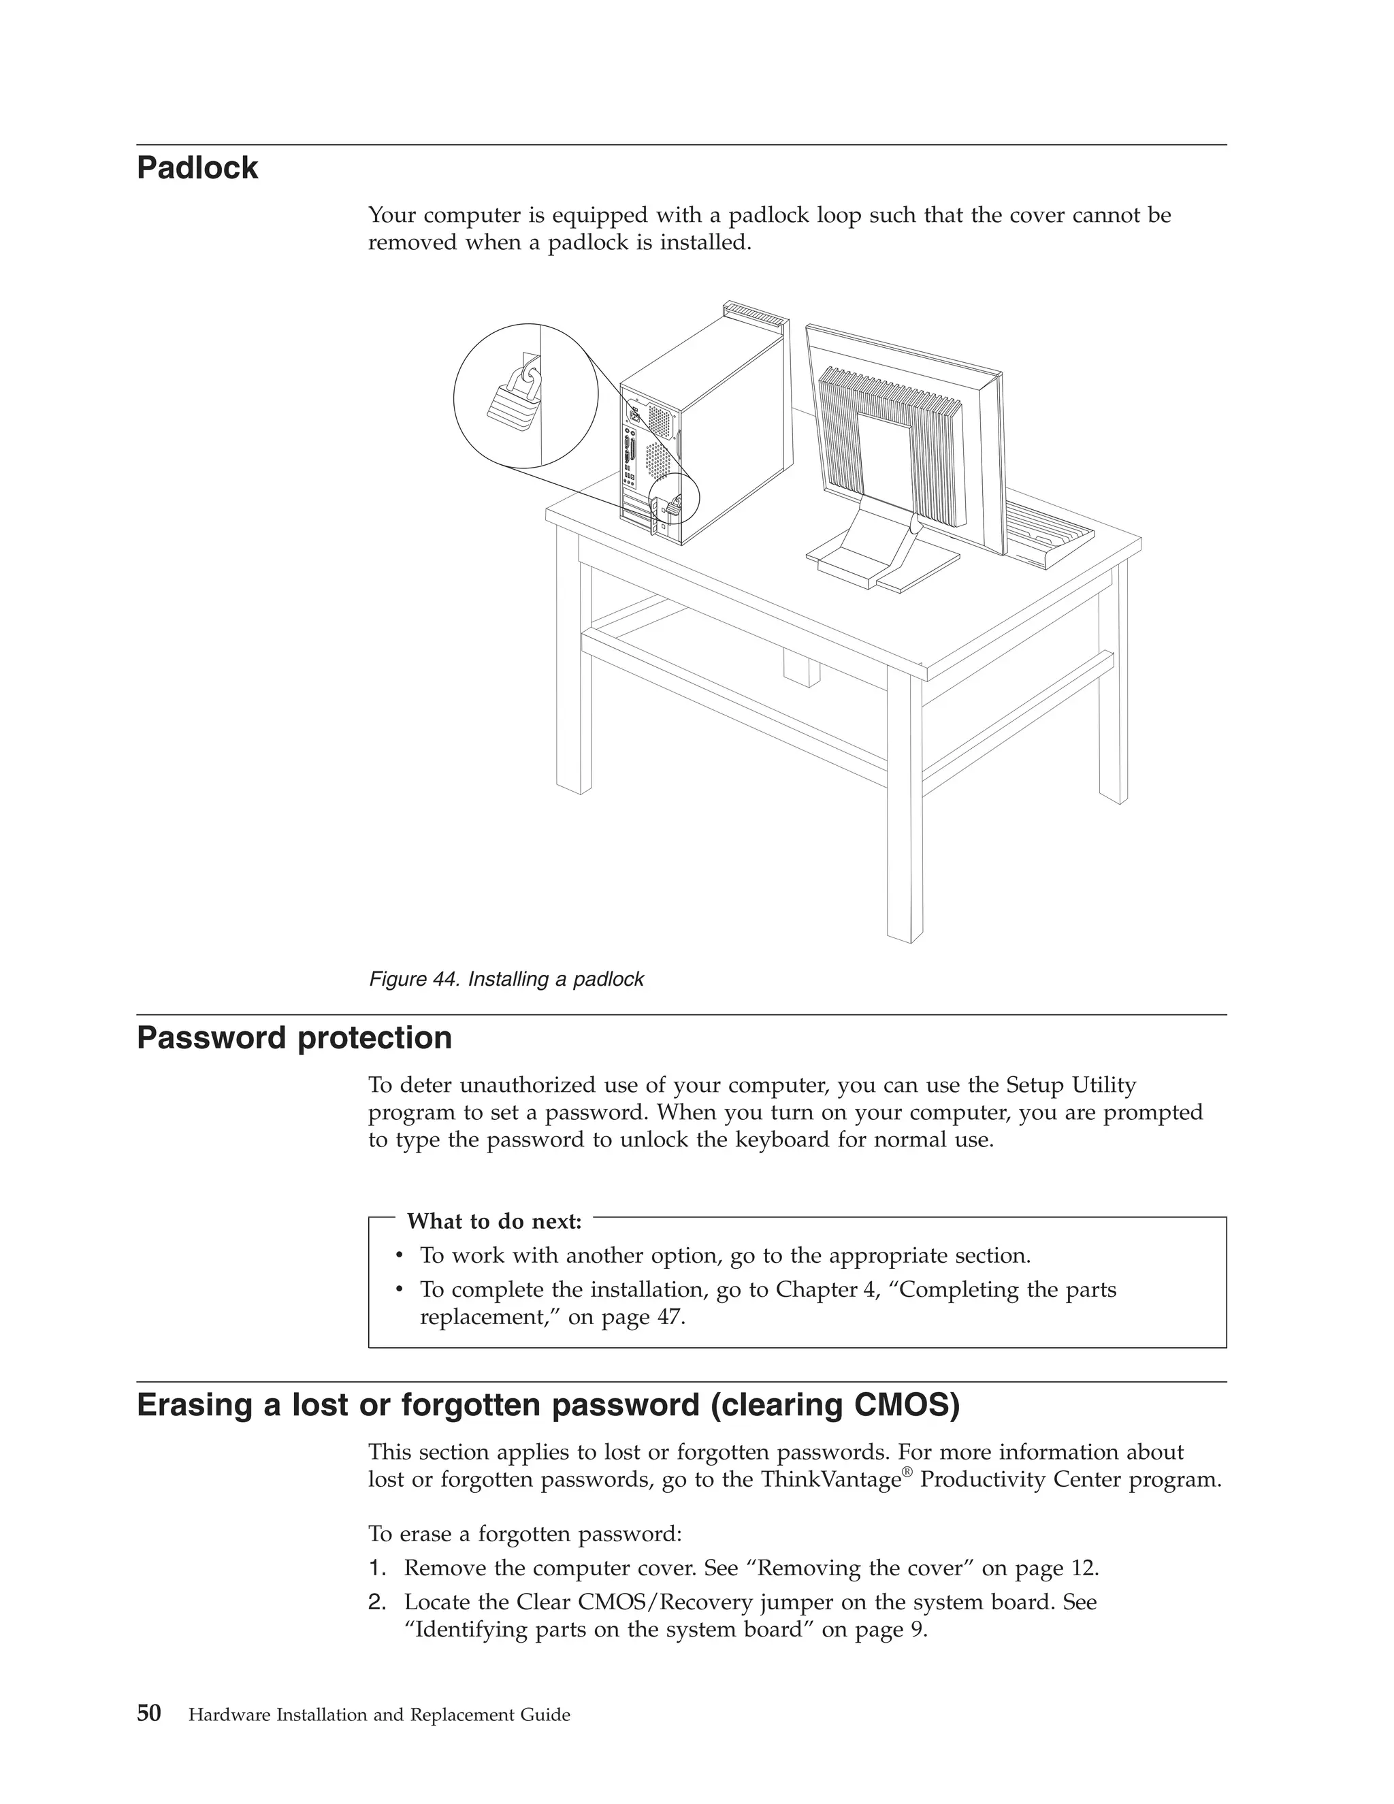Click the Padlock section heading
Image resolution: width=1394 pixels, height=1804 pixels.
pos(197,169)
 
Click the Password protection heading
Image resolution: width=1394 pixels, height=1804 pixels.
pos(294,1038)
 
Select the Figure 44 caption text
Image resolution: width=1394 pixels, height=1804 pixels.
pos(506,980)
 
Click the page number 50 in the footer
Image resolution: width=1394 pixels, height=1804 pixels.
pos(148,1713)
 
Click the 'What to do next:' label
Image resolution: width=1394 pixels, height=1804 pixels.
pos(494,1221)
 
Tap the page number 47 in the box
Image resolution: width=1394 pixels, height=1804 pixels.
pos(669,1317)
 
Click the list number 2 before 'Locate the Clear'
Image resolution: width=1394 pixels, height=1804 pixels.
pos(376,1602)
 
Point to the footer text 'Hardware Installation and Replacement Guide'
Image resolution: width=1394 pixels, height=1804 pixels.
pos(379,1716)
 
